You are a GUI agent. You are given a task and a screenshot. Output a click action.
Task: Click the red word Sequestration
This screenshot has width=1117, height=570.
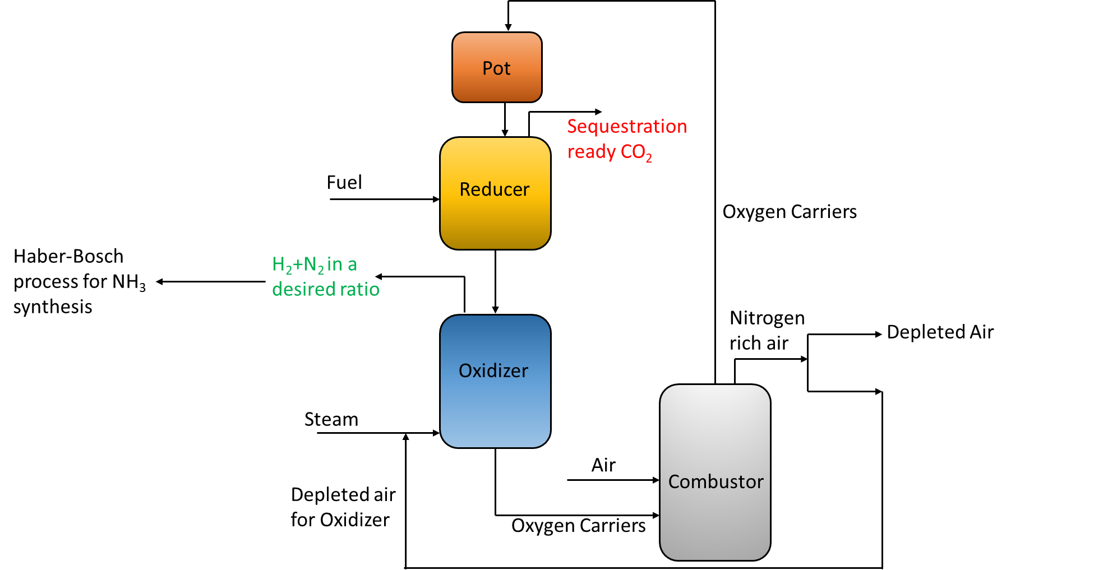click(x=627, y=127)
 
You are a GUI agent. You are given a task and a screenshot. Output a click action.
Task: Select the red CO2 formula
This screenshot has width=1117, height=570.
click(x=636, y=152)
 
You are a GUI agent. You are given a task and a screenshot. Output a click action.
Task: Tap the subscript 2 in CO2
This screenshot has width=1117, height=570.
click(x=649, y=159)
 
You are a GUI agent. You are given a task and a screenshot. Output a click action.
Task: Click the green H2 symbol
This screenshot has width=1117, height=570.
click(x=281, y=265)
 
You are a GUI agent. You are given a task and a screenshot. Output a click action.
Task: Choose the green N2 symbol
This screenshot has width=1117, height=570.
click(x=313, y=265)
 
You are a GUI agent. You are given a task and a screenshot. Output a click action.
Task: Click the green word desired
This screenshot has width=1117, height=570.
click(x=301, y=289)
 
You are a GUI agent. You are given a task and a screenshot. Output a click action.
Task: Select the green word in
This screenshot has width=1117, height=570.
click(x=335, y=264)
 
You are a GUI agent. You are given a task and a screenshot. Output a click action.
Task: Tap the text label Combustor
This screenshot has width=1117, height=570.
click(x=716, y=482)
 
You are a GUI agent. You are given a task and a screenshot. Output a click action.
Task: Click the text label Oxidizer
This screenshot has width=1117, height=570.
click(x=493, y=371)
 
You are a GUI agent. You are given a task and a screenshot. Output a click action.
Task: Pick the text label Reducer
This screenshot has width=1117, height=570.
click(x=494, y=189)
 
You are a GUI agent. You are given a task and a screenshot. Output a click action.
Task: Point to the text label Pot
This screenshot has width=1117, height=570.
click(x=496, y=68)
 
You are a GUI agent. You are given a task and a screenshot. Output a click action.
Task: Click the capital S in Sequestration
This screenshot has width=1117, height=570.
click(x=572, y=127)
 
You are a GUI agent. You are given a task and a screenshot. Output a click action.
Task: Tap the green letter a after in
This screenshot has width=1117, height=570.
click(x=352, y=265)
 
